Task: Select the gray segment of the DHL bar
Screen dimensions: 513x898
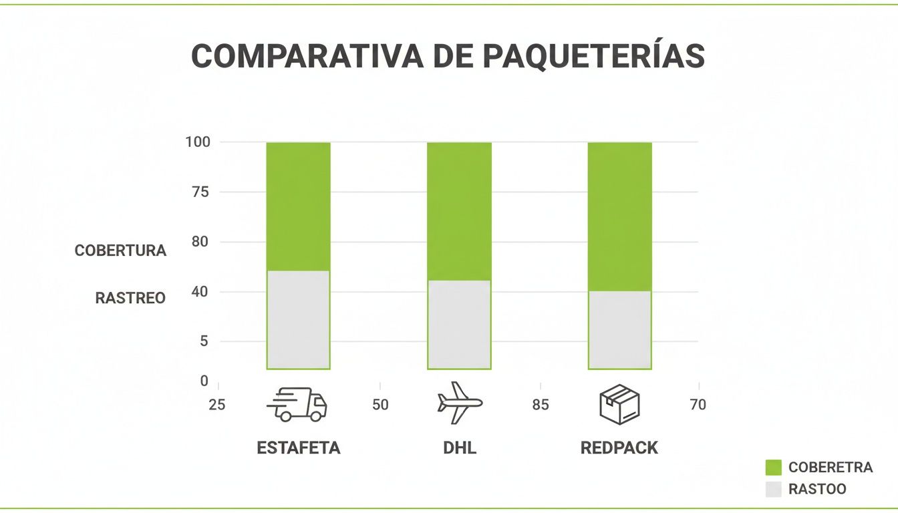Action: (x=459, y=324)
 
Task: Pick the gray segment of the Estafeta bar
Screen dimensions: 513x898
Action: (x=298, y=319)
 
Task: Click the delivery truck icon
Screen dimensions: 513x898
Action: (x=297, y=405)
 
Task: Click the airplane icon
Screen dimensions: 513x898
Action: (x=460, y=403)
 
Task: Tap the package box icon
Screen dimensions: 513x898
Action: (x=619, y=405)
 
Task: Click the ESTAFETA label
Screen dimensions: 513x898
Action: (x=298, y=448)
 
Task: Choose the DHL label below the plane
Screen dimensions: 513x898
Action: (x=460, y=448)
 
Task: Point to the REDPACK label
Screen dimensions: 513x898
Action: (x=619, y=448)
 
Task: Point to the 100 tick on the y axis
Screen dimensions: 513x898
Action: (x=198, y=142)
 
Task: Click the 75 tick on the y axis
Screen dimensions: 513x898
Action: (x=200, y=192)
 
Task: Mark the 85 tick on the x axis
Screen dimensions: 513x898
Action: (x=541, y=405)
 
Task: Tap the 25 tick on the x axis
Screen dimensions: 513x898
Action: (x=216, y=405)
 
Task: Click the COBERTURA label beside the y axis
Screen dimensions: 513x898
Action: (x=120, y=251)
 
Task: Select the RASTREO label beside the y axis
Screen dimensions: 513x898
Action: (x=130, y=298)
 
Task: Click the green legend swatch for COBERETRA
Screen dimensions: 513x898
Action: (x=773, y=468)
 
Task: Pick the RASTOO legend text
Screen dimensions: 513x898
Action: (x=817, y=489)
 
